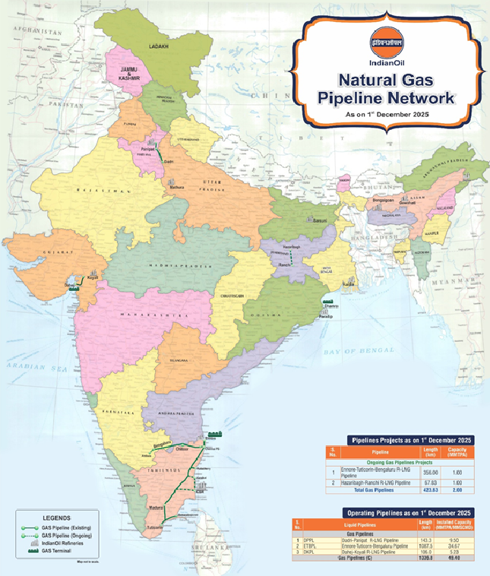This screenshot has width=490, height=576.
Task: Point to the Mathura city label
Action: point(176,185)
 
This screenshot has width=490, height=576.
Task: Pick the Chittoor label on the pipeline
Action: point(182,449)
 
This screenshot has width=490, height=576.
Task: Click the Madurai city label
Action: point(156,506)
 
